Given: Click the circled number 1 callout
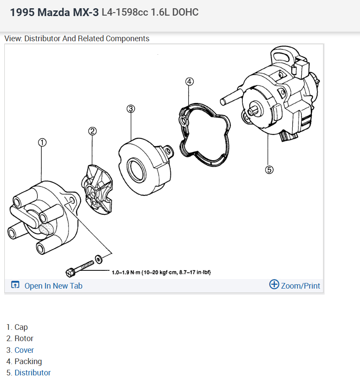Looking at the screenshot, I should [x=42, y=142].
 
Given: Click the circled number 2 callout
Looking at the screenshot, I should [x=92, y=131].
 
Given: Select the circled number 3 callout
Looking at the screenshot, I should [x=131, y=108].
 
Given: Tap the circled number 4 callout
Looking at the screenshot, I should [x=189, y=81].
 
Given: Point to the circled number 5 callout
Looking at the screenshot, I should [x=269, y=170].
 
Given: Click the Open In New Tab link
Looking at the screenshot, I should [x=53, y=286].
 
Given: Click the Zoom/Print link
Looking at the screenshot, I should [x=300, y=286].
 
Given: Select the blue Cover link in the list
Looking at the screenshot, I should [x=24, y=350].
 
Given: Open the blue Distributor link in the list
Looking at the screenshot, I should [x=33, y=372].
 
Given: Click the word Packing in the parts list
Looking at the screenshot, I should [x=28, y=361].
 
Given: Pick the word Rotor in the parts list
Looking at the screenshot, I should [x=24, y=339].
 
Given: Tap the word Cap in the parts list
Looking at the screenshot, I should [x=21, y=327].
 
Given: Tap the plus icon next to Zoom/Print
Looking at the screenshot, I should [x=274, y=285].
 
